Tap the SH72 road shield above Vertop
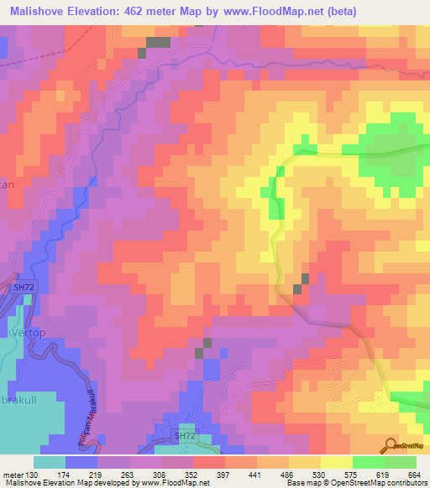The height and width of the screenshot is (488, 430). tap(24, 288)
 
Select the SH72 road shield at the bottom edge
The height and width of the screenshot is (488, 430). tap(183, 437)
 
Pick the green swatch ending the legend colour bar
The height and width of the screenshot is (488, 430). tap(401, 462)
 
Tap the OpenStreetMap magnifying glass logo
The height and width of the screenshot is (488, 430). tap(392, 445)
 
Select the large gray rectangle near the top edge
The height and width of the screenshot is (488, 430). tap(158, 42)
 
